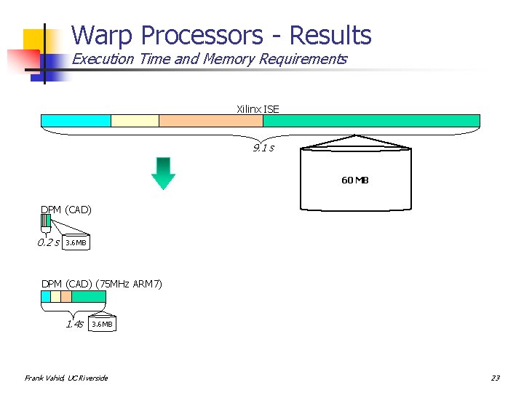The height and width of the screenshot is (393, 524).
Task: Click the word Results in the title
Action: click(330, 35)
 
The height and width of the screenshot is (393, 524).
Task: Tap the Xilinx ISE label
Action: click(258, 109)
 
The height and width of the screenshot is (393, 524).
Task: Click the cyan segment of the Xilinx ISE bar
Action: click(76, 121)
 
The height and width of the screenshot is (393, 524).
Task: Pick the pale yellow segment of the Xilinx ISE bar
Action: click(135, 121)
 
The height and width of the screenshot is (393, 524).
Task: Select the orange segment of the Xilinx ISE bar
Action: click(210, 121)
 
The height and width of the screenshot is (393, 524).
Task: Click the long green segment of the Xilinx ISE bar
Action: click(371, 121)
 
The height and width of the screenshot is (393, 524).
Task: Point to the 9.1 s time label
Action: click(263, 148)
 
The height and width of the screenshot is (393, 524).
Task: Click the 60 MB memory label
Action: click(355, 180)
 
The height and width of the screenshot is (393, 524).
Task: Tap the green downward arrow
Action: click(164, 172)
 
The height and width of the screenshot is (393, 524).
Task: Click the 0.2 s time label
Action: click(49, 242)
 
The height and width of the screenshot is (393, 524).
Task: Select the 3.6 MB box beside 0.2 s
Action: click(76, 242)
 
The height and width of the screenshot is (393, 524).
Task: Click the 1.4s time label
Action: click(74, 324)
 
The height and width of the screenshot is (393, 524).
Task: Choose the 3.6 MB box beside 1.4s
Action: click(102, 324)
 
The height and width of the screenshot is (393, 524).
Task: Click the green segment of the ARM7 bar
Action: click(89, 297)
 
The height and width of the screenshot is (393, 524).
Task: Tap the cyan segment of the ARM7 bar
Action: click(46, 297)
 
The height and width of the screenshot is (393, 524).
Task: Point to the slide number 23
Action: click(495, 378)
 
